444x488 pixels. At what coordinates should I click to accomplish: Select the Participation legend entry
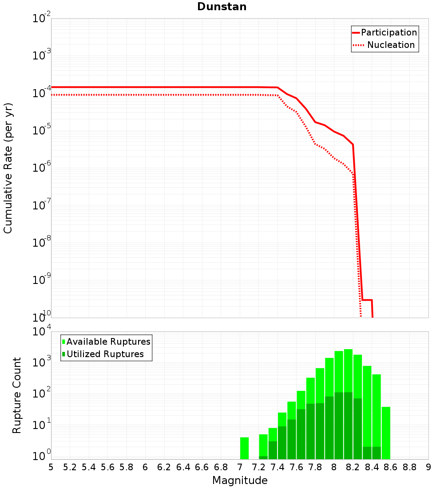click(x=388, y=33)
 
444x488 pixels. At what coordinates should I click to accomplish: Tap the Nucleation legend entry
click(x=391, y=45)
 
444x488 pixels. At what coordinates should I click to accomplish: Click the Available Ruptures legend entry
click(x=108, y=342)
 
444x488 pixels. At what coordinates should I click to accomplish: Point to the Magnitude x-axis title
click(x=240, y=480)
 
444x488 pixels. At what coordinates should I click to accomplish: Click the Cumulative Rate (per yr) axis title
click(x=8, y=168)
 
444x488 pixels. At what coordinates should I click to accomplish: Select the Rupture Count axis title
click(x=17, y=395)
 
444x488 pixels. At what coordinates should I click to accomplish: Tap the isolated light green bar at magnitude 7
click(x=244, y=448)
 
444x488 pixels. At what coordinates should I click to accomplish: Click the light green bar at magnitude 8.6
click(x=386, y=433)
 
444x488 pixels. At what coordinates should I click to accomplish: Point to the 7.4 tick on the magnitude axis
click(x=277, y=467)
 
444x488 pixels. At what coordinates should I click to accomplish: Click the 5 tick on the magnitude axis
click(x=51, y=467)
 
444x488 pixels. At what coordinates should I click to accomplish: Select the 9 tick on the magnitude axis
click(x=428, y=467)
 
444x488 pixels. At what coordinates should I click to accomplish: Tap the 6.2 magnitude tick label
click(x=164, y=467)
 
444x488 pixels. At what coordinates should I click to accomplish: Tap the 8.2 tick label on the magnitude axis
click(x=353, y=467)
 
